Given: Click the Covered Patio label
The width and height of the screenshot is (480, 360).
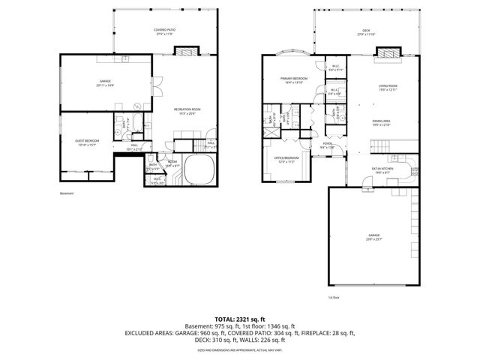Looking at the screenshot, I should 165,31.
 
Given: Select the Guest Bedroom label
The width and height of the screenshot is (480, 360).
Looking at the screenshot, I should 88,142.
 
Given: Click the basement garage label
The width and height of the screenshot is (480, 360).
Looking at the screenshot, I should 104,84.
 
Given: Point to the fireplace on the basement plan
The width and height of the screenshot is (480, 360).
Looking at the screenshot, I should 186,51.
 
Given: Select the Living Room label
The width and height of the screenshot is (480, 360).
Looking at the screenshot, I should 387,88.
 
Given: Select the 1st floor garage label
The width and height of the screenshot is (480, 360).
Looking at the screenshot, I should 374,238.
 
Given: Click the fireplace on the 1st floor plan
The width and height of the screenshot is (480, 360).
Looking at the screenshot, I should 387,52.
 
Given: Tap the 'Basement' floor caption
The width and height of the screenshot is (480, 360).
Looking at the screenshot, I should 67,193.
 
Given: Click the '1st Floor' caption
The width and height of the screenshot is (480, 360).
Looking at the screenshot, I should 334,297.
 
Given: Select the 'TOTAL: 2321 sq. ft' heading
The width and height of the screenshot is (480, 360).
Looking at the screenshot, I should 240,319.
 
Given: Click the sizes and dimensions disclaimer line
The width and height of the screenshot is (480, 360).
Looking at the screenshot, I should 240,349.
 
